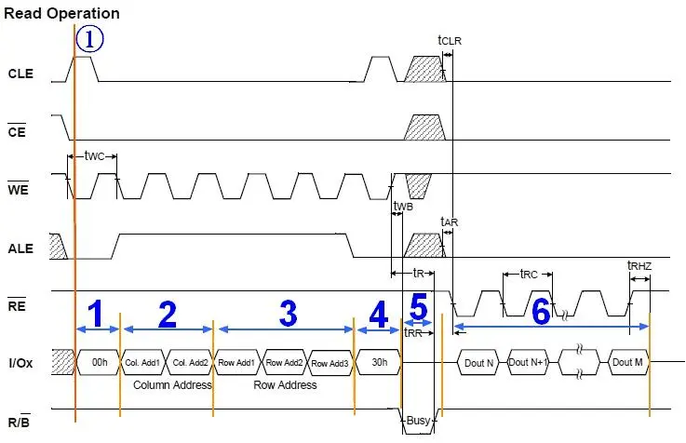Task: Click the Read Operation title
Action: click(62, 13)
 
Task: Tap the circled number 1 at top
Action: click(89, 39)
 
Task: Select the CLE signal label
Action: click(20, 73)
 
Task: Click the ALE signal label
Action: click(20, 248)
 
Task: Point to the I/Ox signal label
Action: click(20, 362)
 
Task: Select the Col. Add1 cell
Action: click(143, 362)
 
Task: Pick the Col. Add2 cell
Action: click(190, 362)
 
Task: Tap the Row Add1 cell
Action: click(238, 362)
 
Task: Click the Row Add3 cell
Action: click(330, 362)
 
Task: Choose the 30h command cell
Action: click(378, 362)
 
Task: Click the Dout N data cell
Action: click(478, 362)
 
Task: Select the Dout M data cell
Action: click(626, 362)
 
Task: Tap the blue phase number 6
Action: click(540, 312)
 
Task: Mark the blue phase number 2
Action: click(168, 314)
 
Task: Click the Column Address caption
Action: click(172, 384)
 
